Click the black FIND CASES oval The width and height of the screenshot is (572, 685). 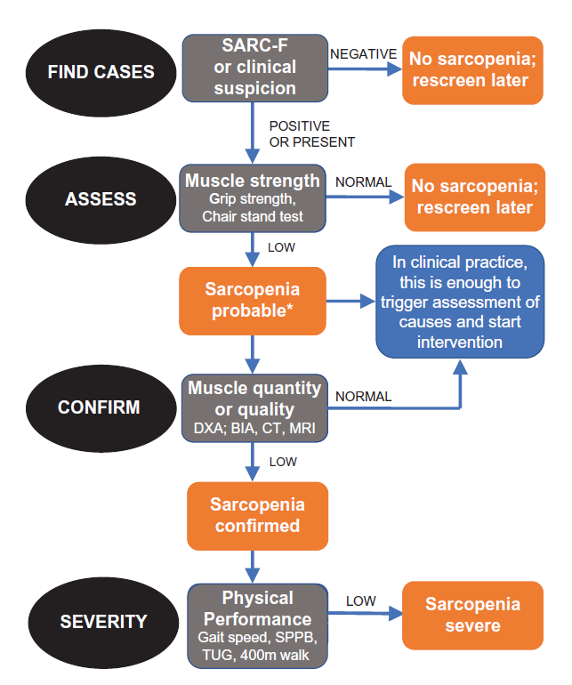pyautogui.click(x=101, y=71)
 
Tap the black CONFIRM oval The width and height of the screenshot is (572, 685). pyautogui.click(x=101, y=408)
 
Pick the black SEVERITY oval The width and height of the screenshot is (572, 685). pyautogui.click(x=101, y=621)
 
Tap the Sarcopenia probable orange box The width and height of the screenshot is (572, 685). pyautogui.click(x=252, y=301)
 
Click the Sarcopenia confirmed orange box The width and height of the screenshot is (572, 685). pyautogui.click(x=257, y=515)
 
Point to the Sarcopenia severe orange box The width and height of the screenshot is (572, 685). pyautogui.click(x=471, y=615)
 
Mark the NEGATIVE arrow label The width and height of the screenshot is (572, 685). pyautogui.click(x=363, y=54)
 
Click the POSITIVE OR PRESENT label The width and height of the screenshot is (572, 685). pyautogui.click(x=311, y=134)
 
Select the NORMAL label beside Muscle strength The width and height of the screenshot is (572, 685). pyautogui.click(x=363, y=181)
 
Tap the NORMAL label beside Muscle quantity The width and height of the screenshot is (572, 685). pyautogui.click(x=362, y=397)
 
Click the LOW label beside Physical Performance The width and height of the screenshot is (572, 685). pyautogui.click(x=360, y=601)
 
